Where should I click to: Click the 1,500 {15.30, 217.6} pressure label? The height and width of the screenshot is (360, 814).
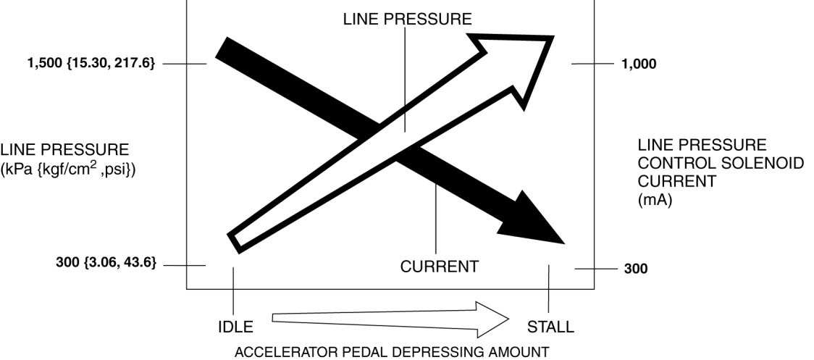pos(91,64)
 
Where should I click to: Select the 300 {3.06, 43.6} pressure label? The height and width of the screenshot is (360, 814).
pos(106,262)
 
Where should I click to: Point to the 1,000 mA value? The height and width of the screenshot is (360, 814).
pos(639,64)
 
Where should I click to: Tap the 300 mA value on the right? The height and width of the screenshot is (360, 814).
pos(636,269)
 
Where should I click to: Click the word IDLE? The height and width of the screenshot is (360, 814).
pos(235,327)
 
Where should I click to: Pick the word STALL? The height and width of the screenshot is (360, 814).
pos(550,327)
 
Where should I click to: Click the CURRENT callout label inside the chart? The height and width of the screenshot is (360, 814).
pos(439,267)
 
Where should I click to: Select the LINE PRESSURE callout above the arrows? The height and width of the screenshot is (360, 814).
pos(407,20)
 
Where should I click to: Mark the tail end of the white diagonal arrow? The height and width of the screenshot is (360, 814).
pos(235,241)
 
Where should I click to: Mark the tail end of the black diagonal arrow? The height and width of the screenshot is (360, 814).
pos(221,48)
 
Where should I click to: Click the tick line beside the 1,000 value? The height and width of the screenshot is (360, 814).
pos(592,64)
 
